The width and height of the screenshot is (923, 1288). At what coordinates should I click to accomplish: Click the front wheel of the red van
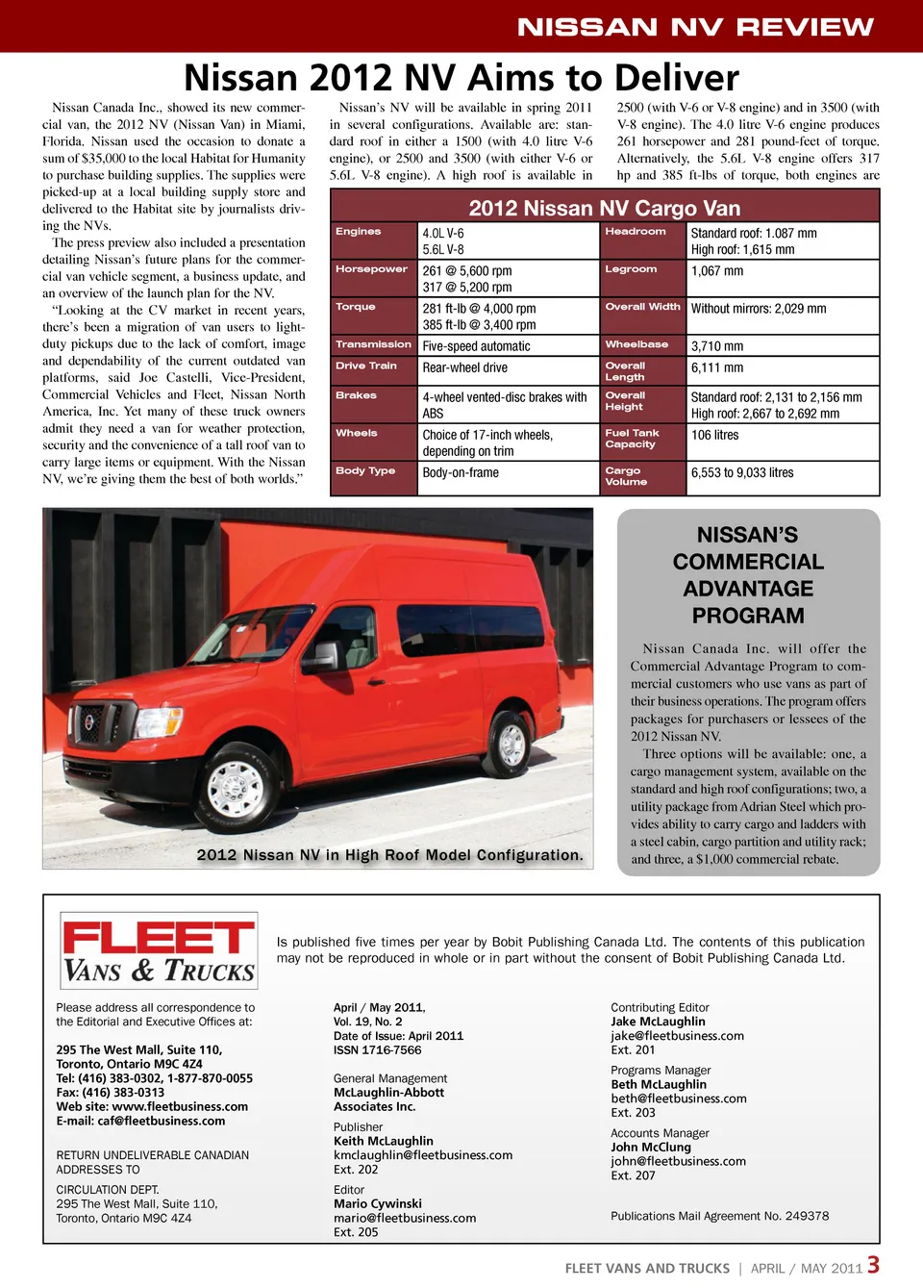[x=237, y=789]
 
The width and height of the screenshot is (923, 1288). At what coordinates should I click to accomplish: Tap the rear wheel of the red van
[x=511, y=744]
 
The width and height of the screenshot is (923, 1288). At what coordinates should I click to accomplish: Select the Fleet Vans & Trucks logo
[x=159, y=951]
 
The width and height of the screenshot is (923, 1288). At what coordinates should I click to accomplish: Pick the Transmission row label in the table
[x=373, y=344]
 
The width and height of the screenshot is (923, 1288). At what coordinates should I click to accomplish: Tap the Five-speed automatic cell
[x=476, y=346]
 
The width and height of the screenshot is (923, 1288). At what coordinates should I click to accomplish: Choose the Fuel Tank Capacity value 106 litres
[x=715, y=435]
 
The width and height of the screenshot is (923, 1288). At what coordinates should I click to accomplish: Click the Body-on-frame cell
[x=461, y=472]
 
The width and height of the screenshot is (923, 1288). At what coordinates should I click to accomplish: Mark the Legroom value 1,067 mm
[x=717, y=271]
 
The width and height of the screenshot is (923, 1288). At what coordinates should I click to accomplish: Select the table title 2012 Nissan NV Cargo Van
[x=604, y=208]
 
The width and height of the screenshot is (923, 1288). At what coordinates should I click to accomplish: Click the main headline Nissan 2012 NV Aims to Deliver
[x=461, y=77]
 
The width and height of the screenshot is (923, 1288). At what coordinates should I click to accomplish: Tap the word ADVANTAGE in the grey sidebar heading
[x=748, y=589]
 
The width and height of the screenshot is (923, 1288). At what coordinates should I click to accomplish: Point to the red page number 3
[x=873, y=1265]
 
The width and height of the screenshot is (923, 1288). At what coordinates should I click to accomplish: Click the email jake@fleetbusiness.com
[x=677, y=1036]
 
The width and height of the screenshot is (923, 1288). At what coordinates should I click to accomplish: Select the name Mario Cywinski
[x=378, y=1203]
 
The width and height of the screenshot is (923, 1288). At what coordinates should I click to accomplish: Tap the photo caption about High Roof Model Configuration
[x=389, y=855]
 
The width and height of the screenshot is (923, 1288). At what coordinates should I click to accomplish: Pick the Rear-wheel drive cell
[x=464, y=367]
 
